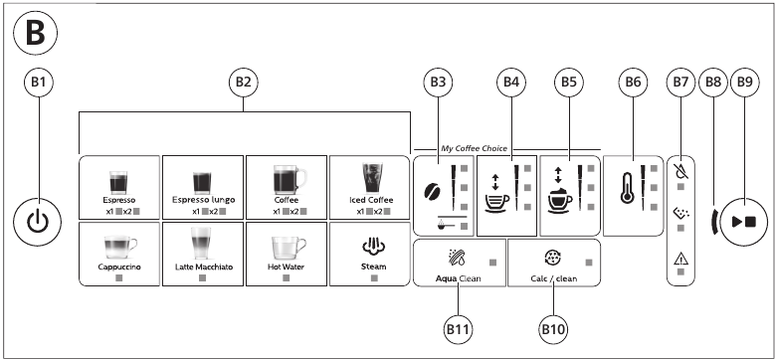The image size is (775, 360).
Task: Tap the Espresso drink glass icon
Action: (118, 180)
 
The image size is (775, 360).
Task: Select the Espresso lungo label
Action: (202, 201)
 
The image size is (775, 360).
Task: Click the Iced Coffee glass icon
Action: (369, 179)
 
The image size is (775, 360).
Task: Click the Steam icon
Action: (368, 245)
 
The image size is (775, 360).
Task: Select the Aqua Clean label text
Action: (458, 279)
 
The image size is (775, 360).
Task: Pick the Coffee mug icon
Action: (287, 180)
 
